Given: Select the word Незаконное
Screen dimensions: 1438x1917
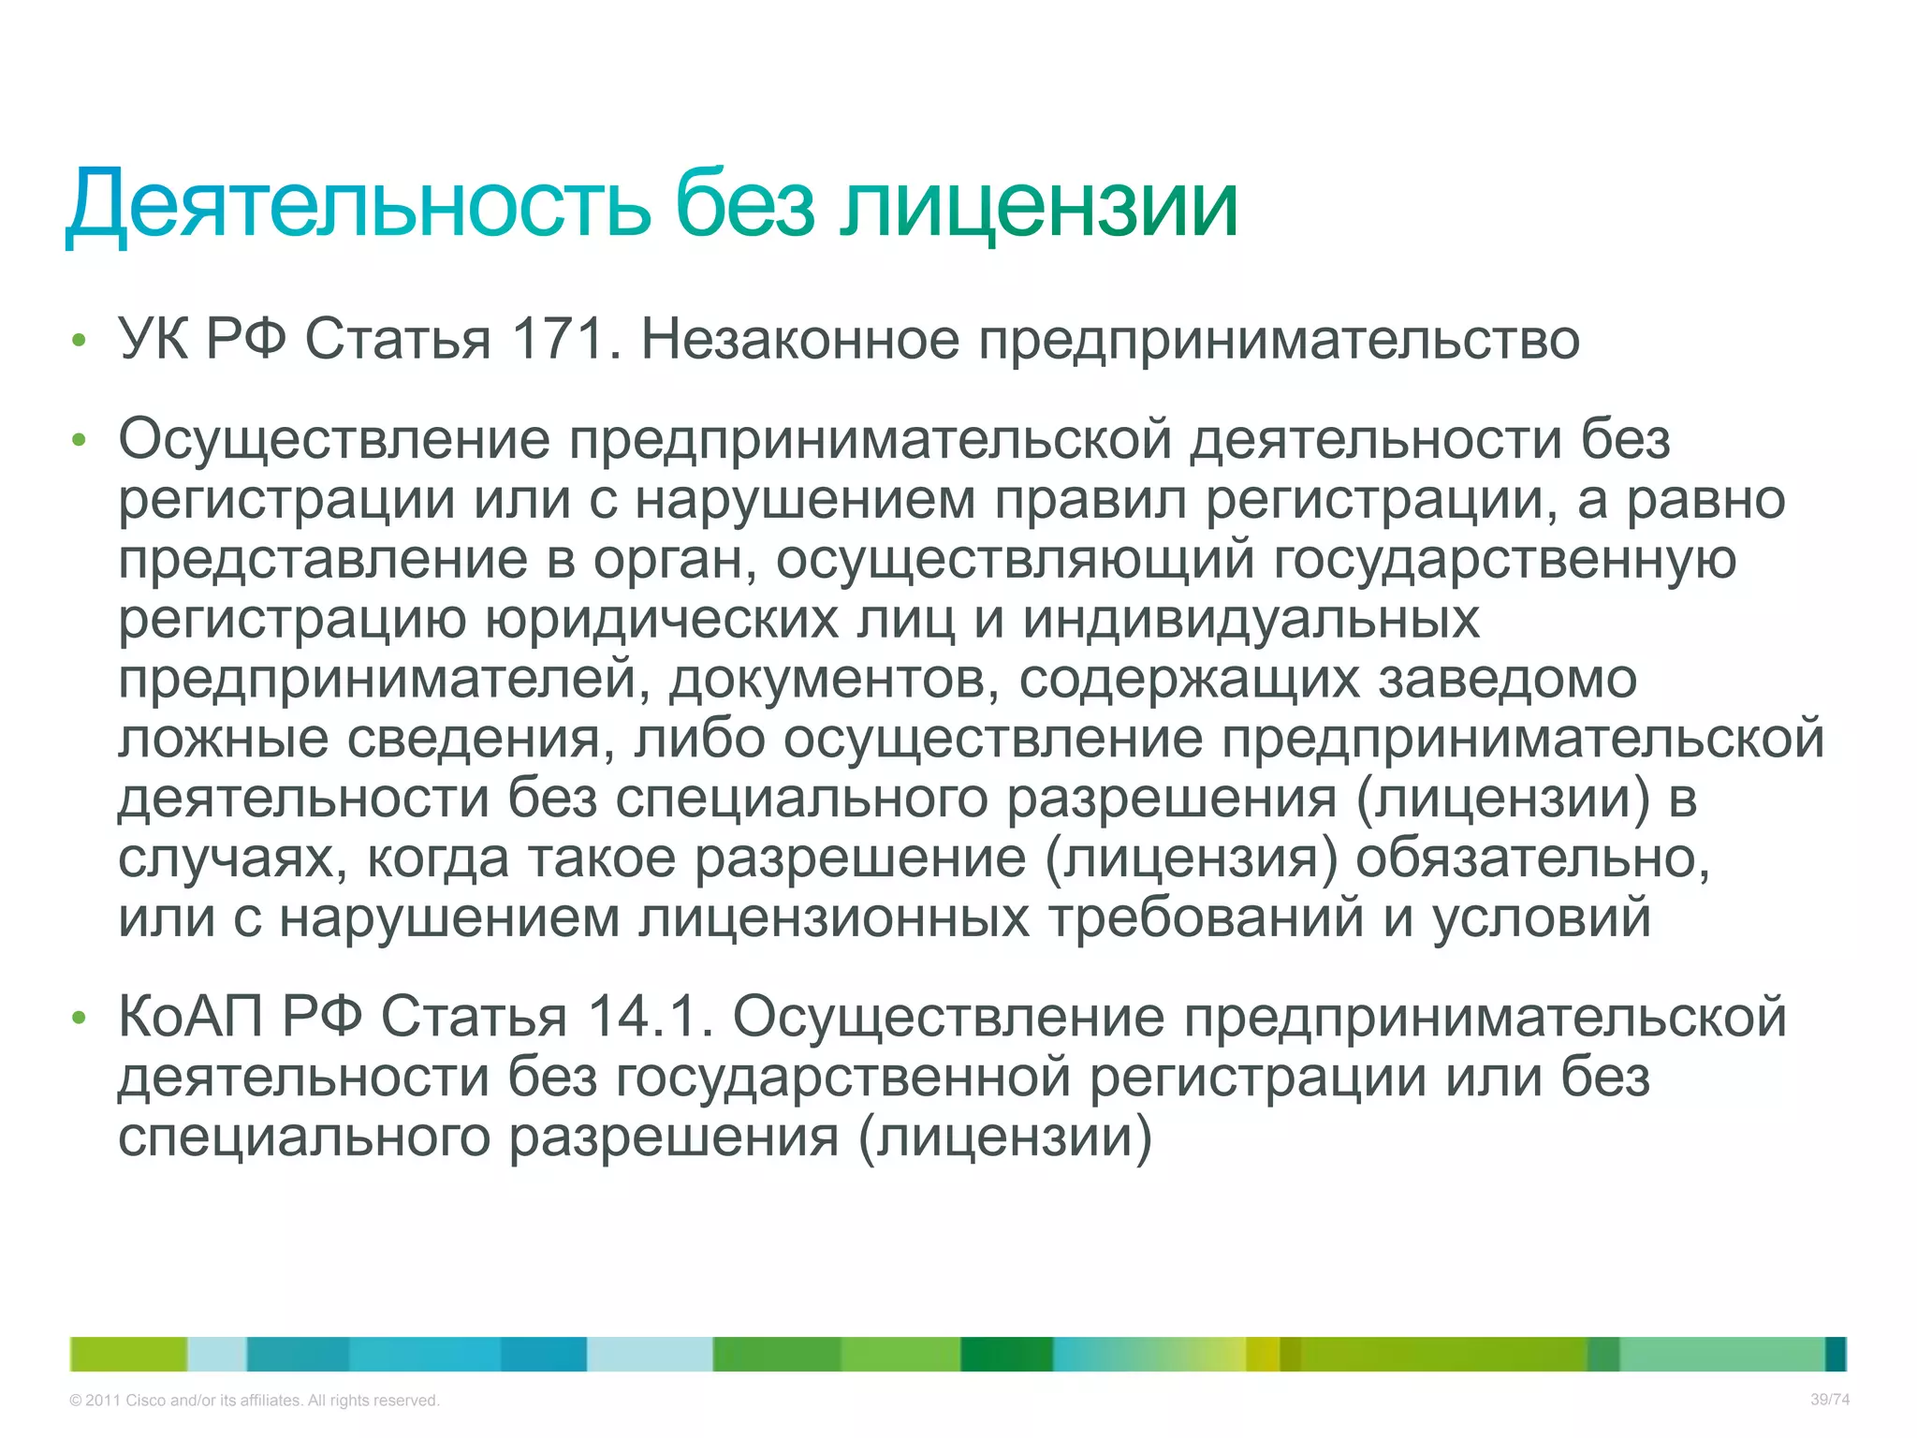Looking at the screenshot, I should click(x=799, y=339).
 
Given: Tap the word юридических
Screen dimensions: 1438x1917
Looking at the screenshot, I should click(x=661, y=620).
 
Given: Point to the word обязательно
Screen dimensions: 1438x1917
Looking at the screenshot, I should click(x=1532, y=858).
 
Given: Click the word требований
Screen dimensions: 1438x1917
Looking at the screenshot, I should click(x=1206, y=918).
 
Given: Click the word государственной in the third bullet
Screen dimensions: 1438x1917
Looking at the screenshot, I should click(x=842, y=1078).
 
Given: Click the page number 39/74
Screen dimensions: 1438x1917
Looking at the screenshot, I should click(x=1829, y=1400).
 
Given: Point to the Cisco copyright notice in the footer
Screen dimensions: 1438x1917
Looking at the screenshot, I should click(x=254, y=1401).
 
